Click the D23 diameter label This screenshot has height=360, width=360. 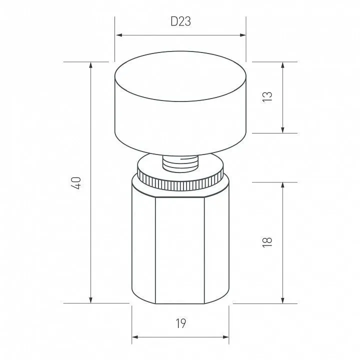180,21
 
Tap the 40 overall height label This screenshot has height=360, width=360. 76,183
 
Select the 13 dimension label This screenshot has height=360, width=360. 267,97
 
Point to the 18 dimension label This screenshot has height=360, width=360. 267,242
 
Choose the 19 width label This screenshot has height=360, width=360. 181,323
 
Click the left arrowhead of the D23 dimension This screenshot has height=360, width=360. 119,35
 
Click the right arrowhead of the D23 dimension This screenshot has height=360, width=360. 242,35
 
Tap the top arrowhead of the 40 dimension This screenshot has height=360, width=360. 90,65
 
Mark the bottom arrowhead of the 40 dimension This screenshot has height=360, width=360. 90,300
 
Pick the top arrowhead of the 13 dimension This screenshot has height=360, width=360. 282,65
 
